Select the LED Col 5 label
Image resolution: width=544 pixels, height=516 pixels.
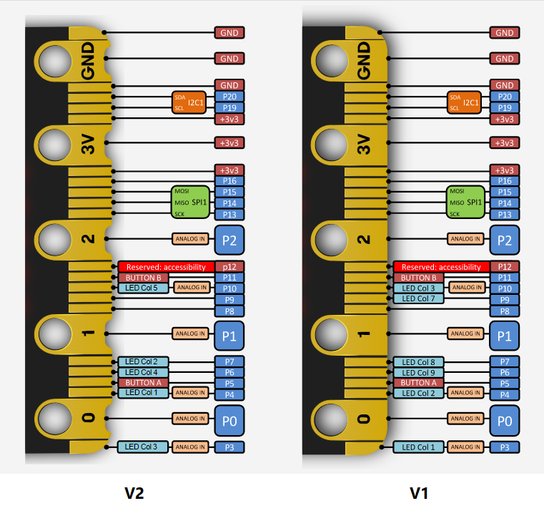(142, 288)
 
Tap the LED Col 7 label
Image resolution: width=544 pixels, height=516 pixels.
(418, 298)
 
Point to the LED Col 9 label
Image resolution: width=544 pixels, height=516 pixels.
(418, 373)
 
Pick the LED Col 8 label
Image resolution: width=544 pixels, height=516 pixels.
(418, 362)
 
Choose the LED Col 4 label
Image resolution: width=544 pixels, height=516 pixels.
(142, 372)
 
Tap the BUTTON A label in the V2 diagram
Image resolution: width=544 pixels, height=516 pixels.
(142, 383)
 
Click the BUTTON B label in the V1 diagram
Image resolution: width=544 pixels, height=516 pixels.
(418, 278)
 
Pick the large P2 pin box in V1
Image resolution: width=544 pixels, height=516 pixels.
(505, 240)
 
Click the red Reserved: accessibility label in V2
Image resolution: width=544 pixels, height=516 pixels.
(166, 267)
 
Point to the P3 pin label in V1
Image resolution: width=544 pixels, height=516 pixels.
(505, 447)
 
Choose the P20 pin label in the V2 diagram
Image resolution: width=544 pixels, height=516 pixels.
(229, 97)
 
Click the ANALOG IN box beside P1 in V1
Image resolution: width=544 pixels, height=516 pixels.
(465, 334)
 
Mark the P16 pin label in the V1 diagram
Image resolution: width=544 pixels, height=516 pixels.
(505, 181)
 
